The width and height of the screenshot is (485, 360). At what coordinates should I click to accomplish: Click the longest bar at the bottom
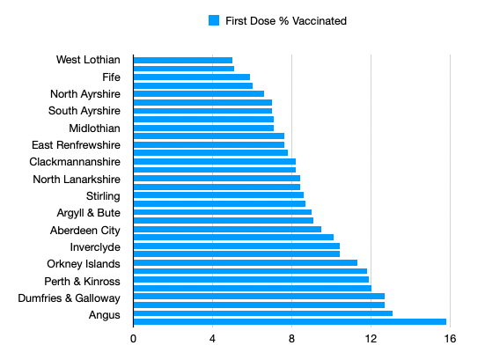290,321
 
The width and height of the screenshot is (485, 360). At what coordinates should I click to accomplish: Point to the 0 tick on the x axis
134,338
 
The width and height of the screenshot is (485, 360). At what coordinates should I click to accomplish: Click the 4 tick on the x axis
213,338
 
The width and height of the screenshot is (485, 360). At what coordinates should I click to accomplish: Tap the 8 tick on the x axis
292,338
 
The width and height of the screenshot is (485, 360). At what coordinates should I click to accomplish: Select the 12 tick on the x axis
371,338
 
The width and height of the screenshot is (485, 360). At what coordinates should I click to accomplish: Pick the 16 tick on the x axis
451,338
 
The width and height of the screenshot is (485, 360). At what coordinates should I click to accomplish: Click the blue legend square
213,20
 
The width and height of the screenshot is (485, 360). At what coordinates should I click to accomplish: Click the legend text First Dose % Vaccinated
286,20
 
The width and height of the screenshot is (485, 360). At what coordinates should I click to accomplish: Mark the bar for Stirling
219,195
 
